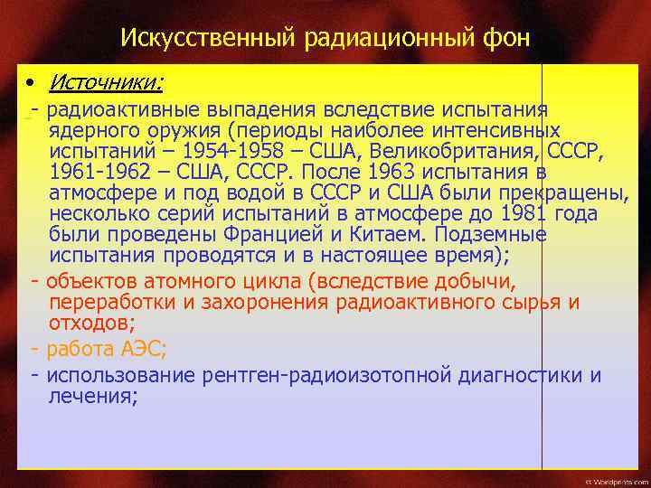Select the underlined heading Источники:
click(x=107, y=84)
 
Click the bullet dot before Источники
click(x=31, y=84)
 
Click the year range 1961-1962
click(x=101, y=172)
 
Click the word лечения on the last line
click(x=91, y=396)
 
